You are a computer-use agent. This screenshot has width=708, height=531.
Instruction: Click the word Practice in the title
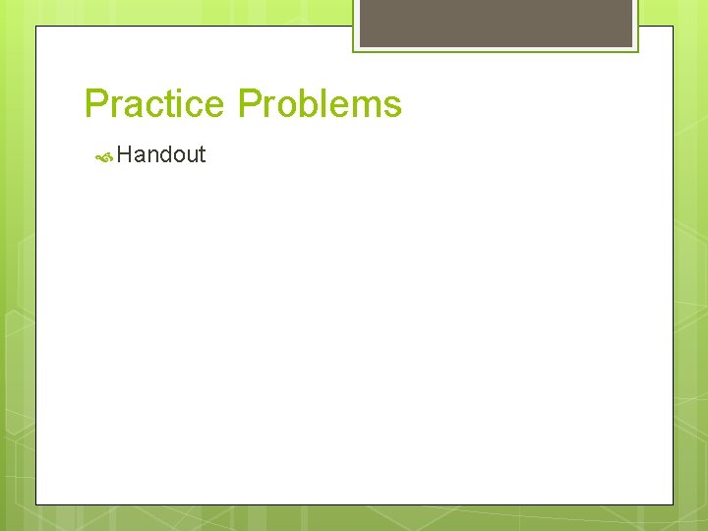pos(157,104)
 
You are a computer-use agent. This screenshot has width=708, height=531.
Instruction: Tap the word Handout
pos(161,154)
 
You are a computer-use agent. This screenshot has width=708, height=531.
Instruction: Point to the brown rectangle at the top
pos(496,22)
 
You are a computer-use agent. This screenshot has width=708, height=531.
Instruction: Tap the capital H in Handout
pos(124,154)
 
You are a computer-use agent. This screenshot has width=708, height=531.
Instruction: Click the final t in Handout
pos(202,154)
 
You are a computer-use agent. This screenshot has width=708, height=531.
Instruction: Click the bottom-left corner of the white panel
pos(36,504)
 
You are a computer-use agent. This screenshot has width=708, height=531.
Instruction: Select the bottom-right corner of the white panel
pos(673,504)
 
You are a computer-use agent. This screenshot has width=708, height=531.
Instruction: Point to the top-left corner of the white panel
pos(36,27)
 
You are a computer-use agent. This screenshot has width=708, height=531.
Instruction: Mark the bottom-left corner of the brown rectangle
pos(360,46)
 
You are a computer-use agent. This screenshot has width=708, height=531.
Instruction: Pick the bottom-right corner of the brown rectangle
pos(633,46)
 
